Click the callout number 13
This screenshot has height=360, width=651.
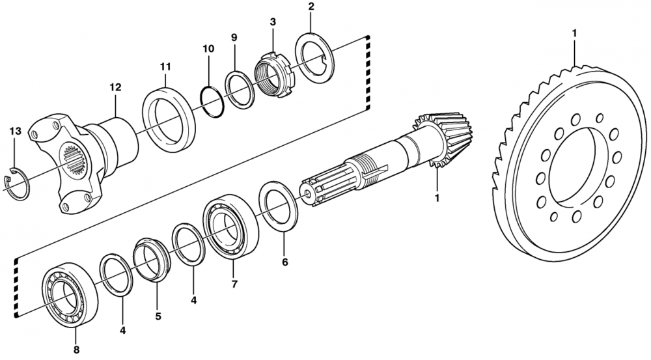pyautogui.click(x=15, y=132)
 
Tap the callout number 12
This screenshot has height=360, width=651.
pyautogui.click(x=115, y=87)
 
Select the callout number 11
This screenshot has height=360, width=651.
pyautogui.click(x=165, y=66)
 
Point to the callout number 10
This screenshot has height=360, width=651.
pyautogui.click(x=208, y=49)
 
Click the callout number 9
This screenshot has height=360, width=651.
pyautogui.click(x=234, y=37)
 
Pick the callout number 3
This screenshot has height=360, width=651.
pyautogui.click(x=272, y=21)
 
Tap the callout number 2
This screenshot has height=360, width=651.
pyautogui.click(x=311, y=7)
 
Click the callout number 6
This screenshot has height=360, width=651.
pyautogui.click(x=284, y=262)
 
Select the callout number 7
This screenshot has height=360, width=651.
pyautogui.click(x=234, y=284)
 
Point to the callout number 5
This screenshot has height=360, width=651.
pyautogui.click(x=158, y=316)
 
